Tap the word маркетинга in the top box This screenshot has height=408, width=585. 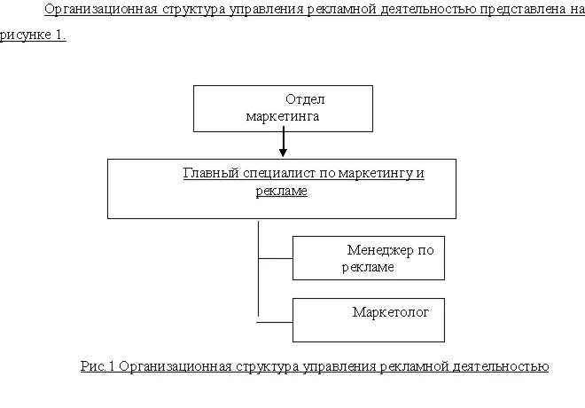pyautogui.click(x=283, y=116)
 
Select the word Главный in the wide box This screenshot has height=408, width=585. pyautogui.click(x=206, y=173)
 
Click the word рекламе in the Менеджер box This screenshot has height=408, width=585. pyautogui.click(x=368, y=267)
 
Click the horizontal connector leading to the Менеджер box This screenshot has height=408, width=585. pyautogui.click(x=275, y=258)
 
